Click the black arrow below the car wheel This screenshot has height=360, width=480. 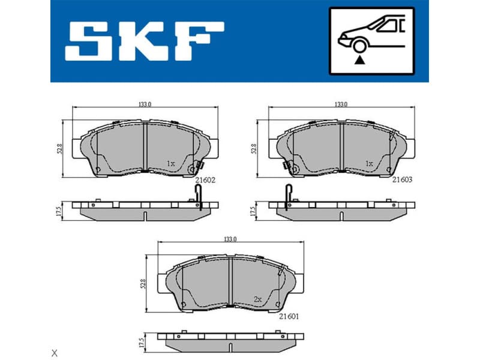point(359,59)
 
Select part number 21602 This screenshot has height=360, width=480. point(206,179)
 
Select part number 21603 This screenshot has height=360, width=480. point(402,179)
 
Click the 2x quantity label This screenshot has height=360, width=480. point(258,298)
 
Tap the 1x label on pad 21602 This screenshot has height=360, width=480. point(170,163)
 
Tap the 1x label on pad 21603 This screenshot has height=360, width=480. point(369,163)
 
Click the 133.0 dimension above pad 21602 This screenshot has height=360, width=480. point(145,104)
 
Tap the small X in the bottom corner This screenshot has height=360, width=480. point(55,352)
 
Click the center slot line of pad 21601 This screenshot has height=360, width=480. point(230,282)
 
